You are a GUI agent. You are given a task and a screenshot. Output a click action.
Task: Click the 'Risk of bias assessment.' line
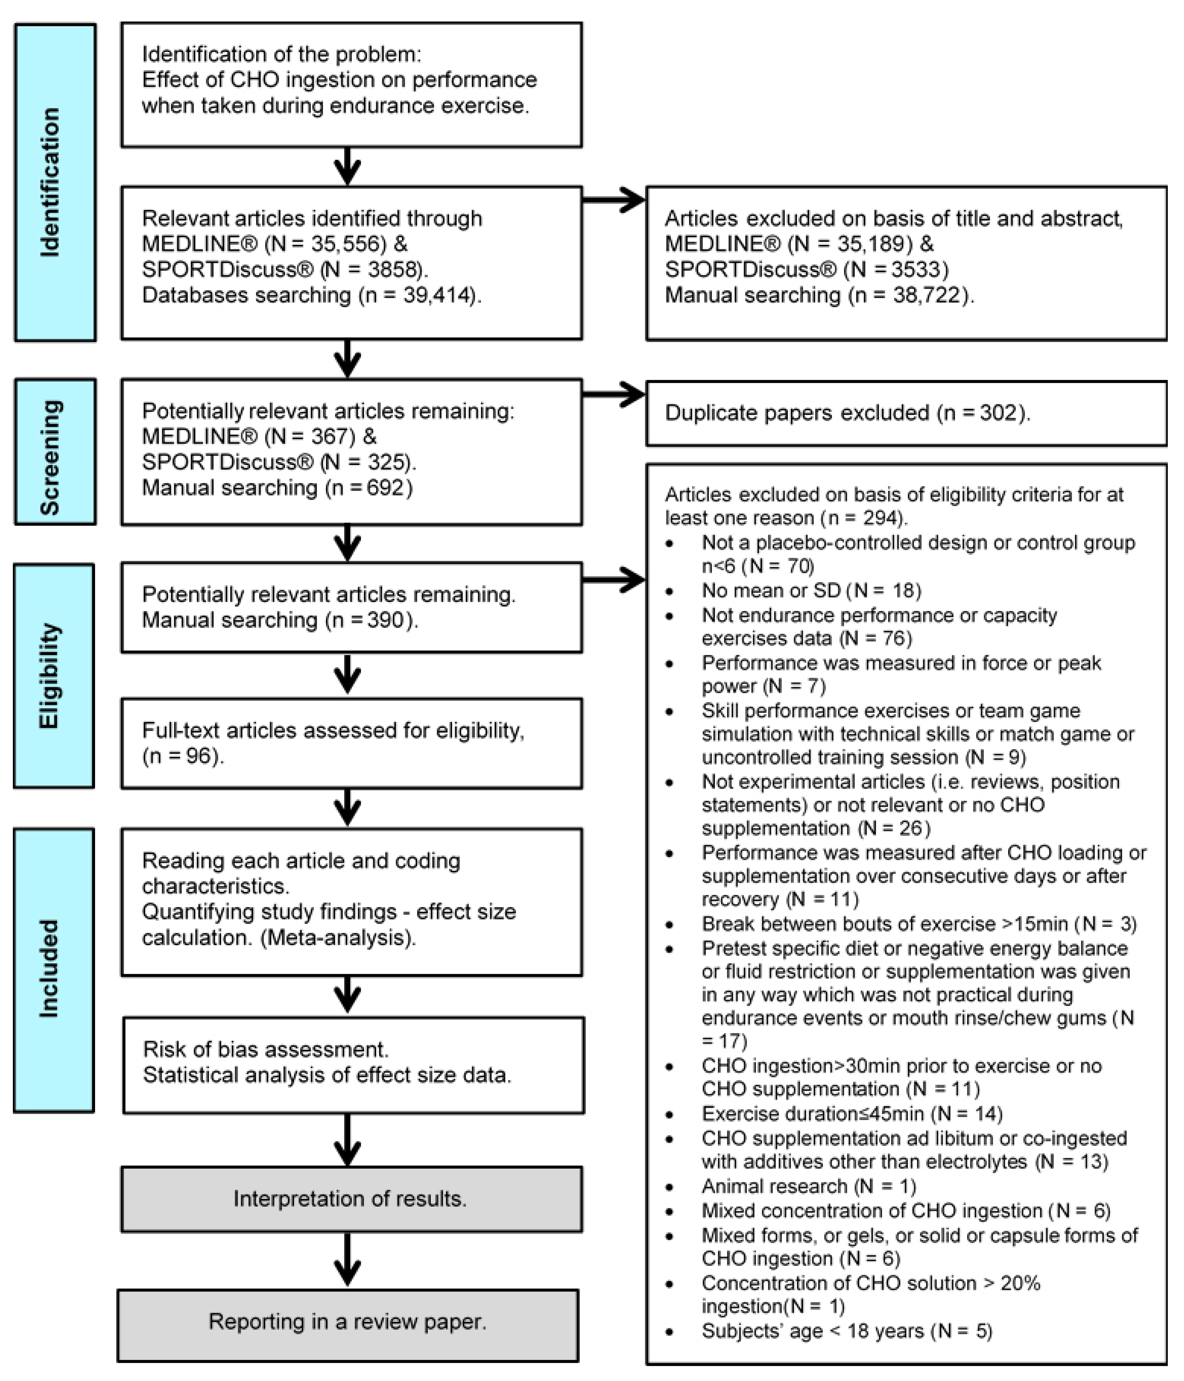point(265,1049)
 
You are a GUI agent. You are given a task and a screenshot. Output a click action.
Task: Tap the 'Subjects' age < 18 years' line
point(847,1331)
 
